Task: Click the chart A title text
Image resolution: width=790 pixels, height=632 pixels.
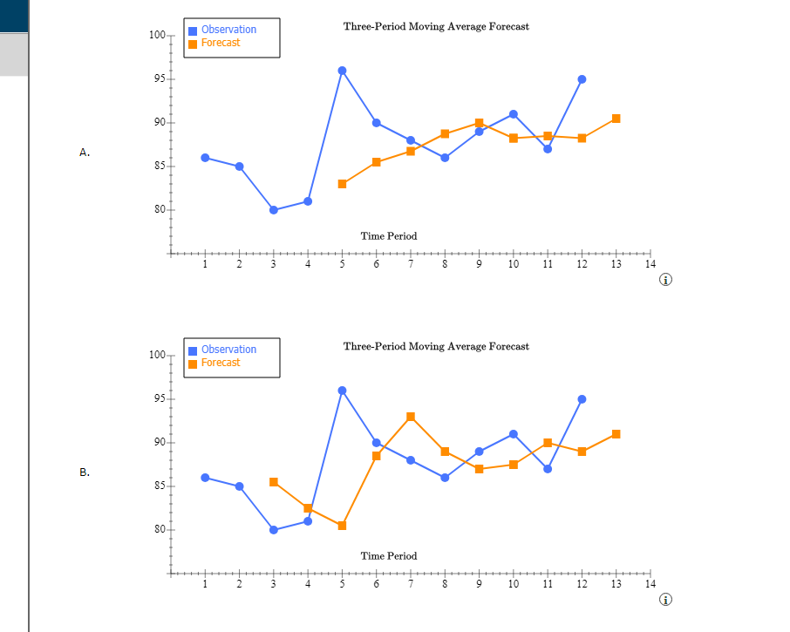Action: click(436, 26)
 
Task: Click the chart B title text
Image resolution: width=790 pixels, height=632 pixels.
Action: click(436, 346)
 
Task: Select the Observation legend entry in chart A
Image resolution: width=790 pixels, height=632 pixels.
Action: click(228, 30)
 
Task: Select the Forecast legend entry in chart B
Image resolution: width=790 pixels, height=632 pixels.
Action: click(220, 363)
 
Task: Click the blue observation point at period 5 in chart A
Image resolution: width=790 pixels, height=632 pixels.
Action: click(342, 71)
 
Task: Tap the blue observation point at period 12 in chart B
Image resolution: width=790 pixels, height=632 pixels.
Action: click(582, 399)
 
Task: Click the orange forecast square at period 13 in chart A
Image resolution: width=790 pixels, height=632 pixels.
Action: click(616, 119)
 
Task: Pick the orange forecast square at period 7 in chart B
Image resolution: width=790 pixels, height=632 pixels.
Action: click(411, 417)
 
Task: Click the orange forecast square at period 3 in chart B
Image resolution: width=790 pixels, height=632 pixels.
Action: click(274, 482)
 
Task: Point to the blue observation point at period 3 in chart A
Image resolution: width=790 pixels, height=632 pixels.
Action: click(274, 210)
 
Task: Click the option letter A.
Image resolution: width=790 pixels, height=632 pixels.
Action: click(85, 153)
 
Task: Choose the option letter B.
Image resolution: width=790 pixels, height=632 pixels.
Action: click(85, 472)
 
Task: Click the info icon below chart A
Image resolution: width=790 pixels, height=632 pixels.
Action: click(666, 280)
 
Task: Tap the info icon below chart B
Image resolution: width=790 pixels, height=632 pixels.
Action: click(666, 600)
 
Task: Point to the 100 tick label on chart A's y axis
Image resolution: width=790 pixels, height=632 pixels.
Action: click(157, 35)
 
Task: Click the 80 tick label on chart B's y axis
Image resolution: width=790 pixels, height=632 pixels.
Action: click(159, 529)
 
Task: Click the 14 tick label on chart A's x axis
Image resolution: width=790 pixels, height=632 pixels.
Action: click(649, 264)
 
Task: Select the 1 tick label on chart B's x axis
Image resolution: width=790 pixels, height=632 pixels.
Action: click(205, 584)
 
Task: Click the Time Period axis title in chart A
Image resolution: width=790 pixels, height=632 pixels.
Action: click(389, 236)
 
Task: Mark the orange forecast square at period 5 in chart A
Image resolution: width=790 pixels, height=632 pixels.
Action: click(342, 184)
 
